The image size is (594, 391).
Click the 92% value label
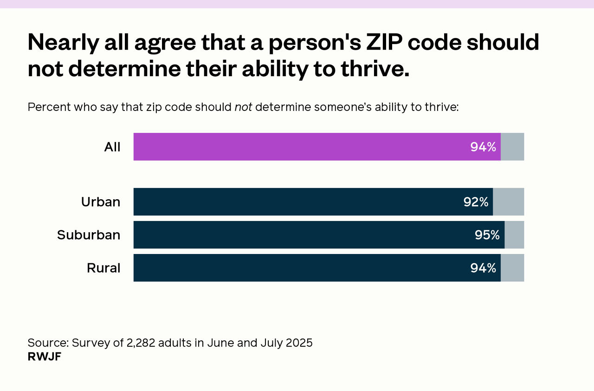(x=476, y=202)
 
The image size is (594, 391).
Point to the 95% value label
(x=487, y=235)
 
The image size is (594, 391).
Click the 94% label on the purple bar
(x=483, y=147)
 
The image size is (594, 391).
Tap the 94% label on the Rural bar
(x=483, y=268)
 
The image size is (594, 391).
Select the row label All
(x=112, y=147)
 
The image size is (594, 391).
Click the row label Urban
(x=101, y=202)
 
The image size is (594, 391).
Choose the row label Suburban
(x=89, y=235)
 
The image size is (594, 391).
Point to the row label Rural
(x=103, y=268)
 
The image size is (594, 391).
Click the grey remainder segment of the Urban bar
(x=508, y=202)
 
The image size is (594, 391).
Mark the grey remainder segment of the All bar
(x=512, y=147)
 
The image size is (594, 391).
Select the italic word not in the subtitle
(x=243, y=107)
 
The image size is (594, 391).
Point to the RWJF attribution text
(x=45, y=357)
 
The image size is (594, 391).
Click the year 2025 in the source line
(x=299, y=343)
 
